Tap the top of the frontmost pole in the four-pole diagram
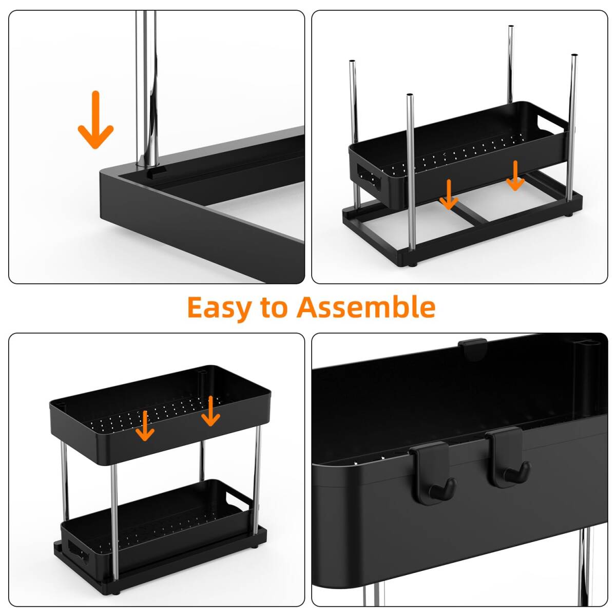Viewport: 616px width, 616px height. pyautogui.click(x=410, y=95)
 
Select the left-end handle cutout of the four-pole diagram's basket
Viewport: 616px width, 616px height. pyautogui.click(x=369, y=177)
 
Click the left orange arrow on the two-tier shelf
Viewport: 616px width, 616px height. pyautogui.click(x=145, y=426)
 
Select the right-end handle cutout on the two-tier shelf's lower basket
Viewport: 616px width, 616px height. pyautogui.click(x=237, y=502)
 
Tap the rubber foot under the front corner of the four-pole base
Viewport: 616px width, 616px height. pyautogui.click(x=412, y=264)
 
